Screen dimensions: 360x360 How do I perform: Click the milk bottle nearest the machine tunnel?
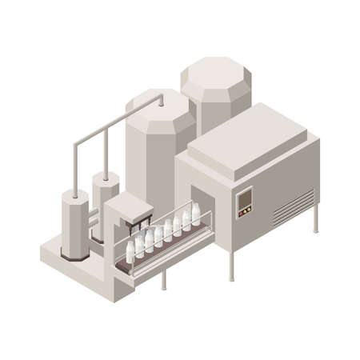(195, 212)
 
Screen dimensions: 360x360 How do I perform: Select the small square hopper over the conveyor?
(128, 210)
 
